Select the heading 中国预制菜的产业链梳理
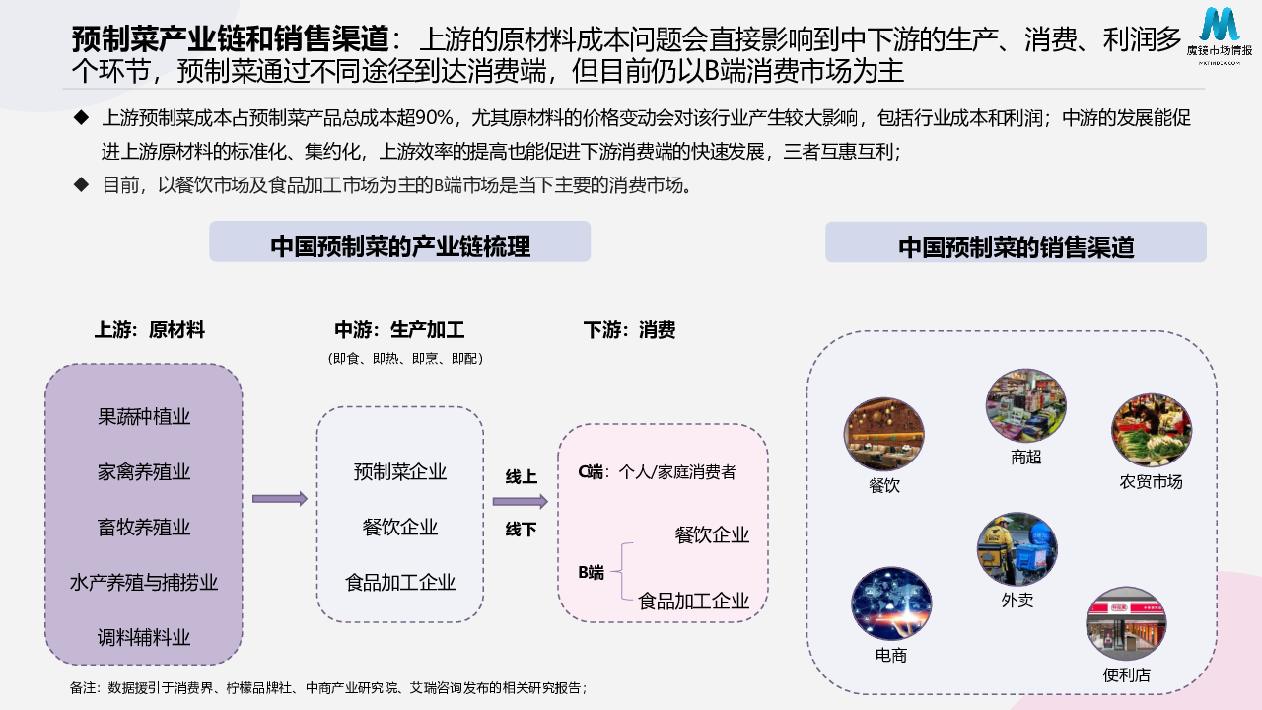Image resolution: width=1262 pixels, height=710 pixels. (x=399, y=246)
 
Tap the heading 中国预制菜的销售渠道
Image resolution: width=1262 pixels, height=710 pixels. (x=1016, y=247)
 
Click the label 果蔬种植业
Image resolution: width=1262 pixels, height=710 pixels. (x=144, y=417)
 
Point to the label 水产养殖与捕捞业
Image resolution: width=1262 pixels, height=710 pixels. (x=144, y=583)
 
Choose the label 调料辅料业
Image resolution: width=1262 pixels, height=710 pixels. (x=144, y=637)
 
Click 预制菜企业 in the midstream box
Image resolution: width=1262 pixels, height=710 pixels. (x=400, y=472)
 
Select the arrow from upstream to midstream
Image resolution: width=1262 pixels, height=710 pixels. (x=279, y=499)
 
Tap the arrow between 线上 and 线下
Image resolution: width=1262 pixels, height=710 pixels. (x=520, y=502)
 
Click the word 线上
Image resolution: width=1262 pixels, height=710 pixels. (x=521, y=477)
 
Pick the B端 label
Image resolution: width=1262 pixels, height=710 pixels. (x=591, y=572)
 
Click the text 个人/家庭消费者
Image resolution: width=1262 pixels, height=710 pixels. (x=677, y=472)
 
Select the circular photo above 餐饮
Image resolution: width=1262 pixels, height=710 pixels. (x=883, y=435)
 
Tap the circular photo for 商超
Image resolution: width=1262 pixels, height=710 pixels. (x=1025, y=406)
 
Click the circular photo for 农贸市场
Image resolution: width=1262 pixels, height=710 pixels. (x=1151, y=432)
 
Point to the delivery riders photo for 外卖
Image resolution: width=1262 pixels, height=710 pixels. (x=1017, y=549)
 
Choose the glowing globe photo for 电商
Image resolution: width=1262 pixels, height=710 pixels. (x=890, y=603)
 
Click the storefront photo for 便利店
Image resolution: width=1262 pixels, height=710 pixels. (x=1126, y=624)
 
